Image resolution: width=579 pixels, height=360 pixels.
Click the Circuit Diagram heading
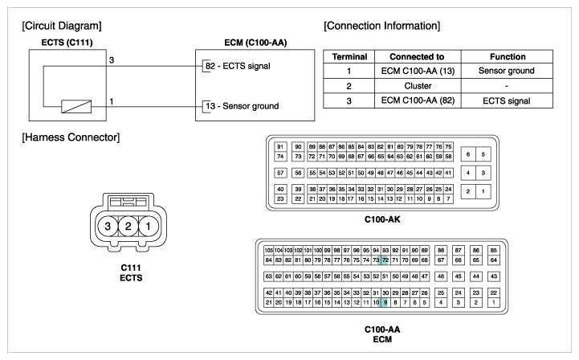coord(62,26)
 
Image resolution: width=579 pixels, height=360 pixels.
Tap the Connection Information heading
coord(381,26)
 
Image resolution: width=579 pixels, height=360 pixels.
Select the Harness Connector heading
coord(71,137)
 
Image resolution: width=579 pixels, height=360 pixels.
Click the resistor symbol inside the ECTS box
coord(76,106)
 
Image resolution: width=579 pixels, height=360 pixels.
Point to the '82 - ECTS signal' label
coord(238,66)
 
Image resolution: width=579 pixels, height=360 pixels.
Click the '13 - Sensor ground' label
coord(243,106)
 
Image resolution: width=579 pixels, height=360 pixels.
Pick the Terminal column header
coord(349,56)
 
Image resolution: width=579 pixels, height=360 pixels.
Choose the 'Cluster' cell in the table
coord(418,86)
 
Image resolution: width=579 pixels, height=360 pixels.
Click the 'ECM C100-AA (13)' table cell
coord(418,71)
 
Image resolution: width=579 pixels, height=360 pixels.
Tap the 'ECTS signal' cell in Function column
coord(506,101)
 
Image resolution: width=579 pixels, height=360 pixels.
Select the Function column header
coord(508,56)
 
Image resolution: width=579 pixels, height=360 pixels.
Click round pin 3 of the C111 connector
coord(108,226)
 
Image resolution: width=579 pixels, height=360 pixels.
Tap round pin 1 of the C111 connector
coord(149,226)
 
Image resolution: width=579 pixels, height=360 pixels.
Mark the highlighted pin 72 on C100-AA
coord(385,260)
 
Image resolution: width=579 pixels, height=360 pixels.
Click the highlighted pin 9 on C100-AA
coord(385,302)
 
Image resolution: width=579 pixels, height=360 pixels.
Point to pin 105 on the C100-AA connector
coord(268,250)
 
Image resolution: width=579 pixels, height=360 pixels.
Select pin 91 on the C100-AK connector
coord(280,147)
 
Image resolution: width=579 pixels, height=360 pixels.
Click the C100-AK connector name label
coord(382,219)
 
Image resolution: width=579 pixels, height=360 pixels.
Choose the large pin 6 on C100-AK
coord(468,154)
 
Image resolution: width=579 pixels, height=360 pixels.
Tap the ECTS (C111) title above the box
coord(67,43)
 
